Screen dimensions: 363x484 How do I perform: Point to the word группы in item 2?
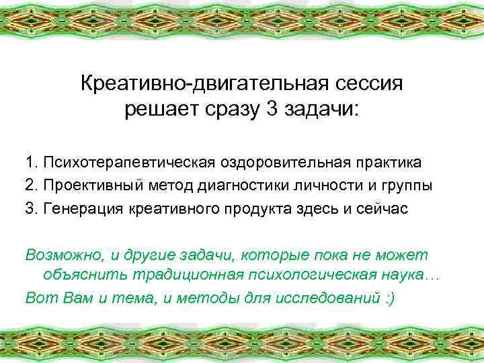(403, 186)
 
